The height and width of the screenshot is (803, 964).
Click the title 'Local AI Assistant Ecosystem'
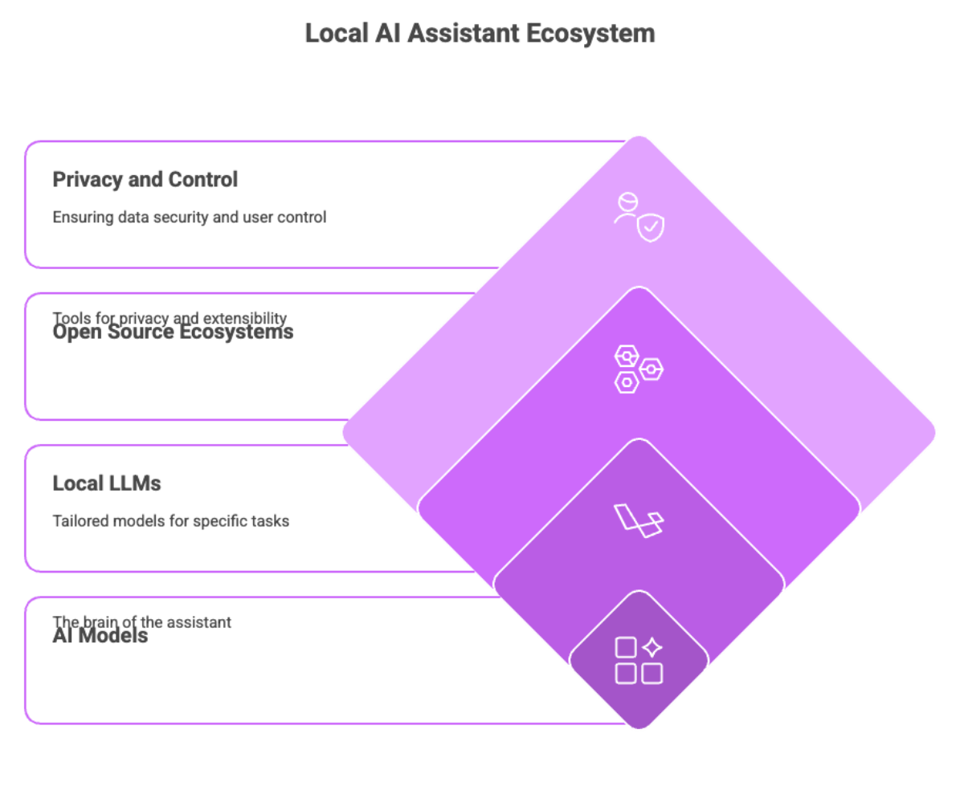point(480,33)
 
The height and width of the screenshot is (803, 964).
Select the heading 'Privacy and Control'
point(145,179)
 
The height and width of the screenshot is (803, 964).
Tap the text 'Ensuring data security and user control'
point(189,217)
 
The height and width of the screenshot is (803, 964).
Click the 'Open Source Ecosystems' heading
point(173,332)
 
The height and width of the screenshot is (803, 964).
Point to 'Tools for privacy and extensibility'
point(170,318)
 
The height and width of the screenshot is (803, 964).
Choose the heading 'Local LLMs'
point(107,483)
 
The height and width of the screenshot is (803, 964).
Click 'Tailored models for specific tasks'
point(170,520)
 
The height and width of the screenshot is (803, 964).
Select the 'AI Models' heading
point(100,637)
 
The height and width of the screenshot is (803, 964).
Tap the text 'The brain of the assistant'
point(142,622)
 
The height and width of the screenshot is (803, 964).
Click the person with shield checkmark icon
point(639,217)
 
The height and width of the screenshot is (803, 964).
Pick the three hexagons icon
point(639,369)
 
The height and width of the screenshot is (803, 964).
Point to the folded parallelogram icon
point(639,520)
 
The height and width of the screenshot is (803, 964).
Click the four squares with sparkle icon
point(639,660)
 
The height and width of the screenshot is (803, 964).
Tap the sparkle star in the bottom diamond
point(652,647)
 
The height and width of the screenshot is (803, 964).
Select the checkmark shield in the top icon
point(650,229)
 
